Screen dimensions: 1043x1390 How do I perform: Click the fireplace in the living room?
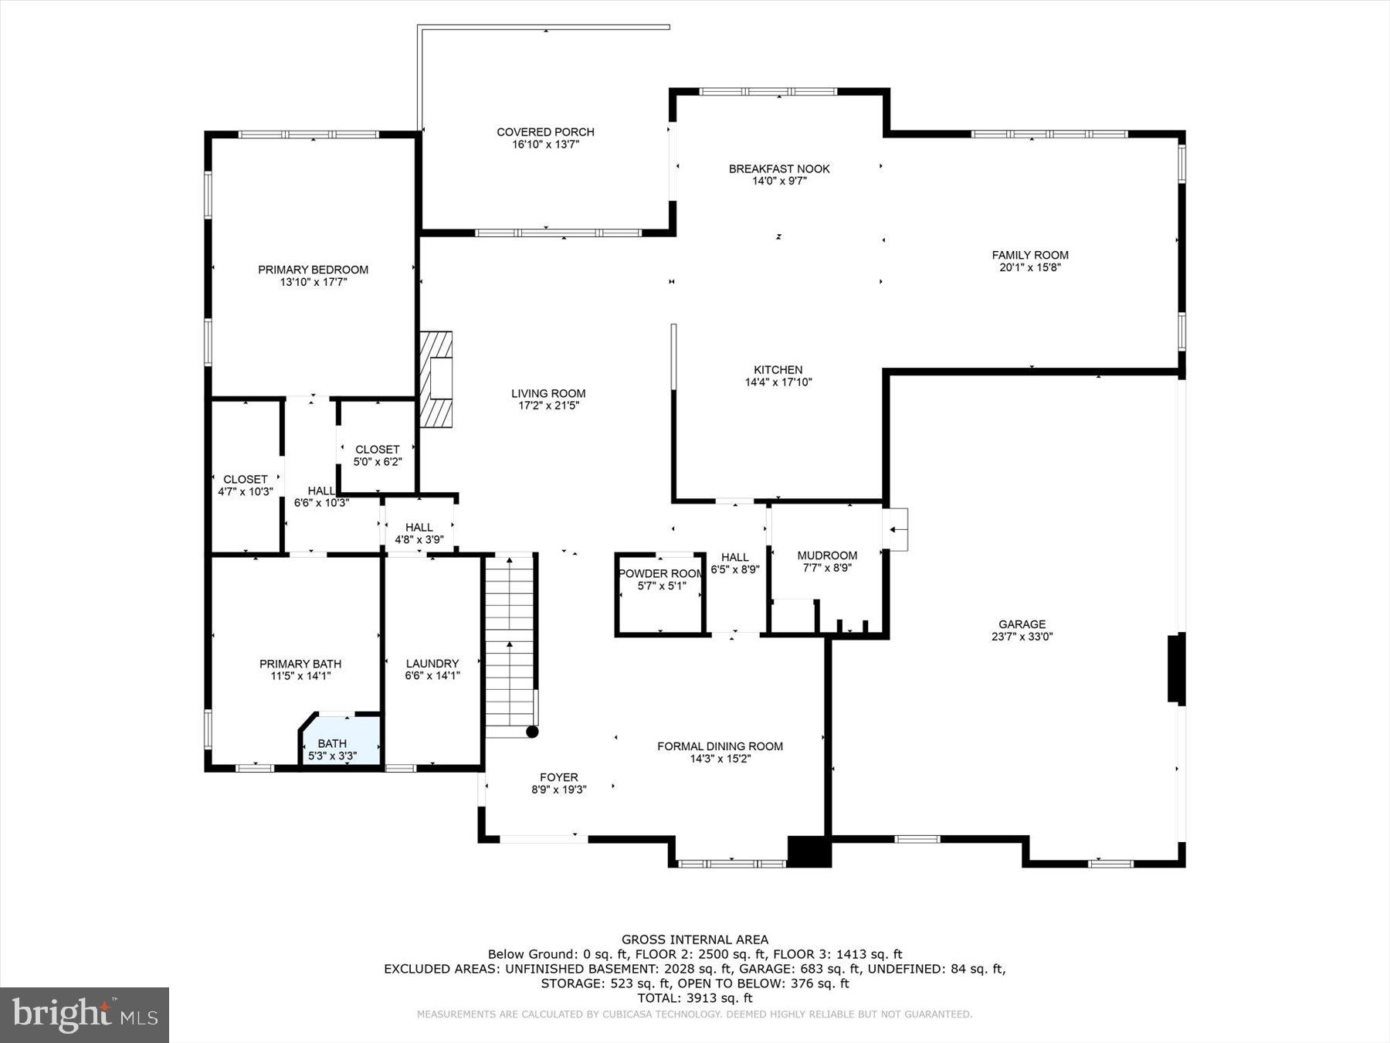[436, 379]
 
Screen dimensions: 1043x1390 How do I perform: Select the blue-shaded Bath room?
[341, 742]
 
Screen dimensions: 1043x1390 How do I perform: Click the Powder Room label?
[660, 573]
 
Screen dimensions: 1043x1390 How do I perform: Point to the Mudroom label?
[827, 555]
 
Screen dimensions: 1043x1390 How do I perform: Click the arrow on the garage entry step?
[897, 529]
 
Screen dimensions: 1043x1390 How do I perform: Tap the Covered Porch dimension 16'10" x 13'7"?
[545, 144]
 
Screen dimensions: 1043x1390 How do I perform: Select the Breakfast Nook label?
[779, 168]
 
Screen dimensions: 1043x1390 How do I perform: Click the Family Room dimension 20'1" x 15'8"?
[1030, 267]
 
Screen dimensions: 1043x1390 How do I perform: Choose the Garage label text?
[1022, 624]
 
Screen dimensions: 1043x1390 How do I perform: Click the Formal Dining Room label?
[720, 746]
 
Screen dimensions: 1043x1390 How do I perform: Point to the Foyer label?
[559, 777]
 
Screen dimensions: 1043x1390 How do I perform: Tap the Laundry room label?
[432, 663]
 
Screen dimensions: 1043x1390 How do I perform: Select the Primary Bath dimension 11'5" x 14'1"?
[300, 676]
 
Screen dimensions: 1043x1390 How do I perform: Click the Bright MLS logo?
[84, 1014]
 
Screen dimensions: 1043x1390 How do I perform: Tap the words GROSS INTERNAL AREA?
[695, 939]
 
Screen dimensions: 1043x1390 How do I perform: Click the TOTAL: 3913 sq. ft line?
[695, 998]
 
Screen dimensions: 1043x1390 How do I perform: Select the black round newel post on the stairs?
[532, 731]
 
